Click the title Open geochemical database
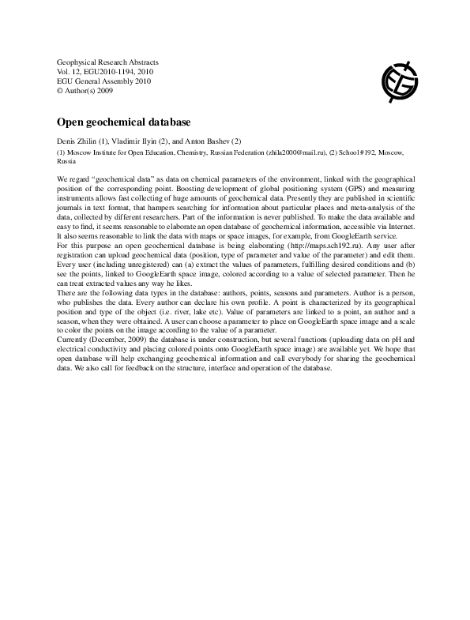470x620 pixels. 124,123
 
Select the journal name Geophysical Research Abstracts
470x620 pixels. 108,61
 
